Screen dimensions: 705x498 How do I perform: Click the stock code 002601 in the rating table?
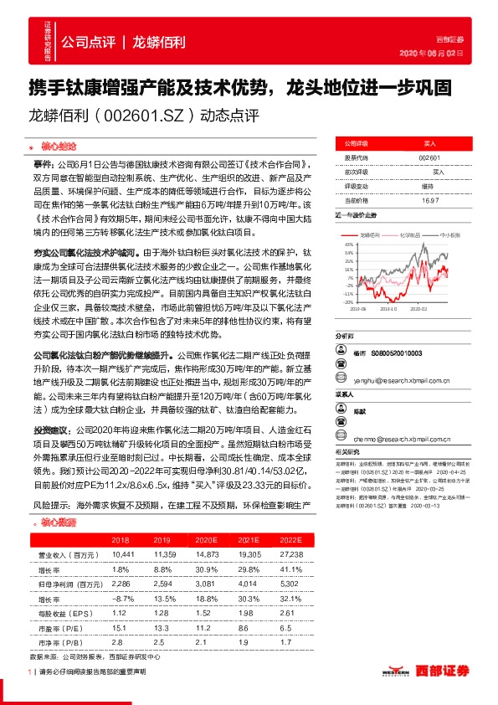tap(429, 157)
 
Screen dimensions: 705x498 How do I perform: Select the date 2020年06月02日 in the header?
tap(453, 53)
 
